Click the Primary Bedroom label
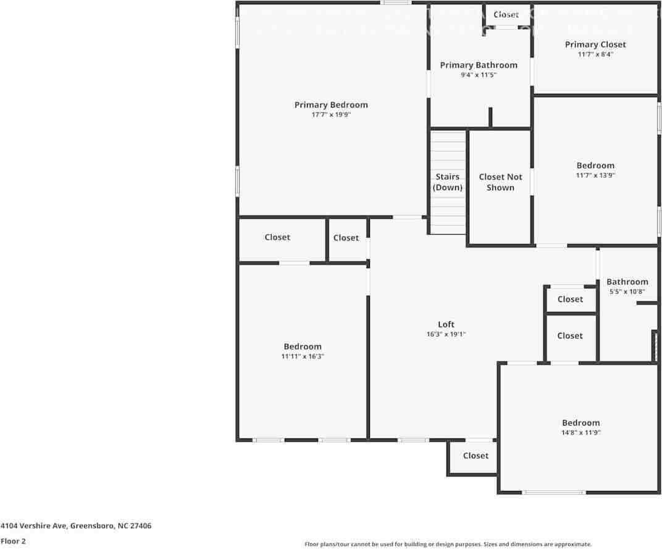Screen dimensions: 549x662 tap(331, 105)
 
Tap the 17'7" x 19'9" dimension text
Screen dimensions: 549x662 tap(331, 115)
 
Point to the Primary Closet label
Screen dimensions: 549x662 tap(595, 44)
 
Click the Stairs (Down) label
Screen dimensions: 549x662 tap(448, 182)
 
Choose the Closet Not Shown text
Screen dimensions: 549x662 tap(500, 182)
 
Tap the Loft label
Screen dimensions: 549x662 tap(446, 324)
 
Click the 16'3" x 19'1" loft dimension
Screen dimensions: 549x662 tap(446, 334)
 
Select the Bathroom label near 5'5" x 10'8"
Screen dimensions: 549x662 tap(627, 282)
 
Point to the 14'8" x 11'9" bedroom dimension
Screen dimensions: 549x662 tap(580, 433)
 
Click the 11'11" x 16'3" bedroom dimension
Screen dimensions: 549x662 tap(303, 356)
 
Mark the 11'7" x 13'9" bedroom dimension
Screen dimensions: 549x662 tap(595, 175)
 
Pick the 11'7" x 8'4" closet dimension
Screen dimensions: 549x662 tap(595, 54)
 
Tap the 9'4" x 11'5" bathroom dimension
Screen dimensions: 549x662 tap(479, 75)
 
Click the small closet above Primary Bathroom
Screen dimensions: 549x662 tap(506, 15)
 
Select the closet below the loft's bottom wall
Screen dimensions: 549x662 tap(476, 456)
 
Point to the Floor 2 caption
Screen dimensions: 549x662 tap(13, 541)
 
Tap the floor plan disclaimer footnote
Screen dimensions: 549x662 tap(448, 544)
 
